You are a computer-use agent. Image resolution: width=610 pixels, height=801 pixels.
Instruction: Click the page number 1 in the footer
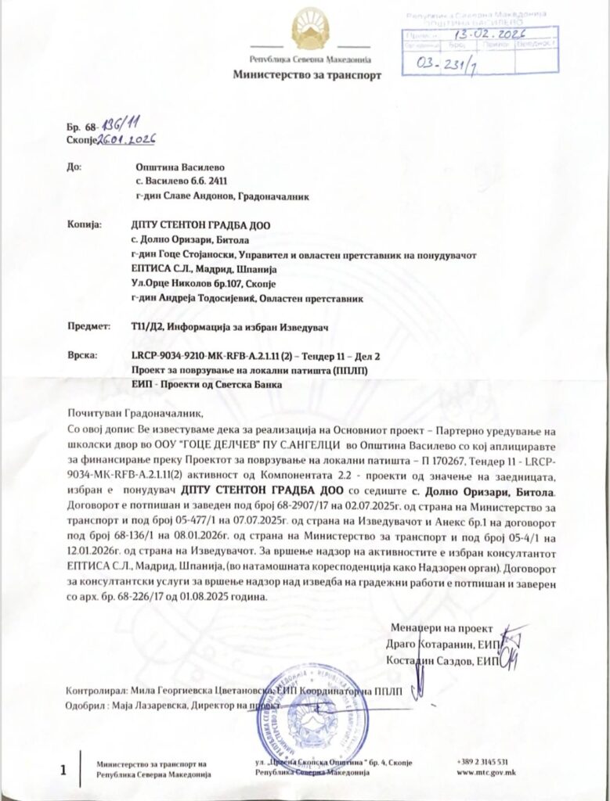click(63, 771)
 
